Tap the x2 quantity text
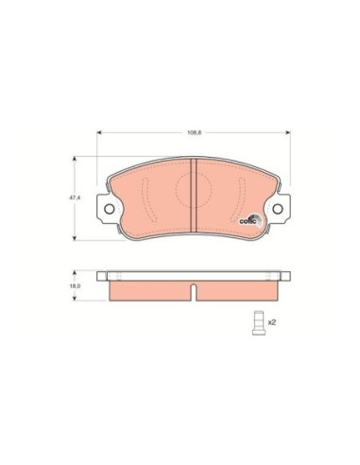pos(272,322)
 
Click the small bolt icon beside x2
pos(256,321)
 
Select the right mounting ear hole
pos(278,210)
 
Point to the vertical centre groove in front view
pos(193,194)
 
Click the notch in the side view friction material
pos(193,287)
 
